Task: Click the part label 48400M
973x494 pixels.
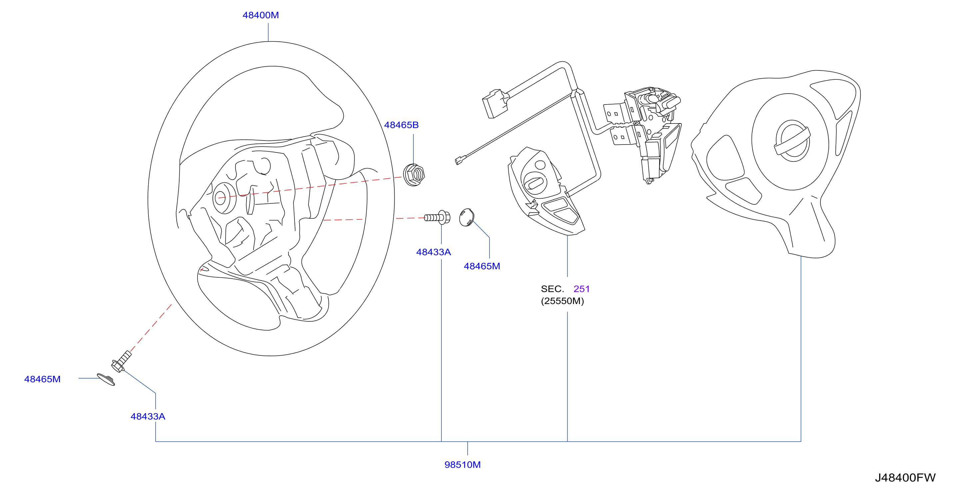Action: (x=260, y=15)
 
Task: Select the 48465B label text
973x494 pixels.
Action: (x=401, y=125)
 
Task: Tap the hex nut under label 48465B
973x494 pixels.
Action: (x=414, y=175)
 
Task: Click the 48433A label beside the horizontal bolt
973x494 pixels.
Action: (x=433, y=252)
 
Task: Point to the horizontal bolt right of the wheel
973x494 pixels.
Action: (x=437, y=217)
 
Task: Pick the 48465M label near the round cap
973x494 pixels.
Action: (x=482, y=266)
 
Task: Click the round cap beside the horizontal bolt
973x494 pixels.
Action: (x=466, y=217)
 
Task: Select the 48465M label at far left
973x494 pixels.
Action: (x=42, y=379)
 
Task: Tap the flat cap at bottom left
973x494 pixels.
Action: (x=106, y=379)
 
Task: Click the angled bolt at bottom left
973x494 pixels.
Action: (x=121, y=362)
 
